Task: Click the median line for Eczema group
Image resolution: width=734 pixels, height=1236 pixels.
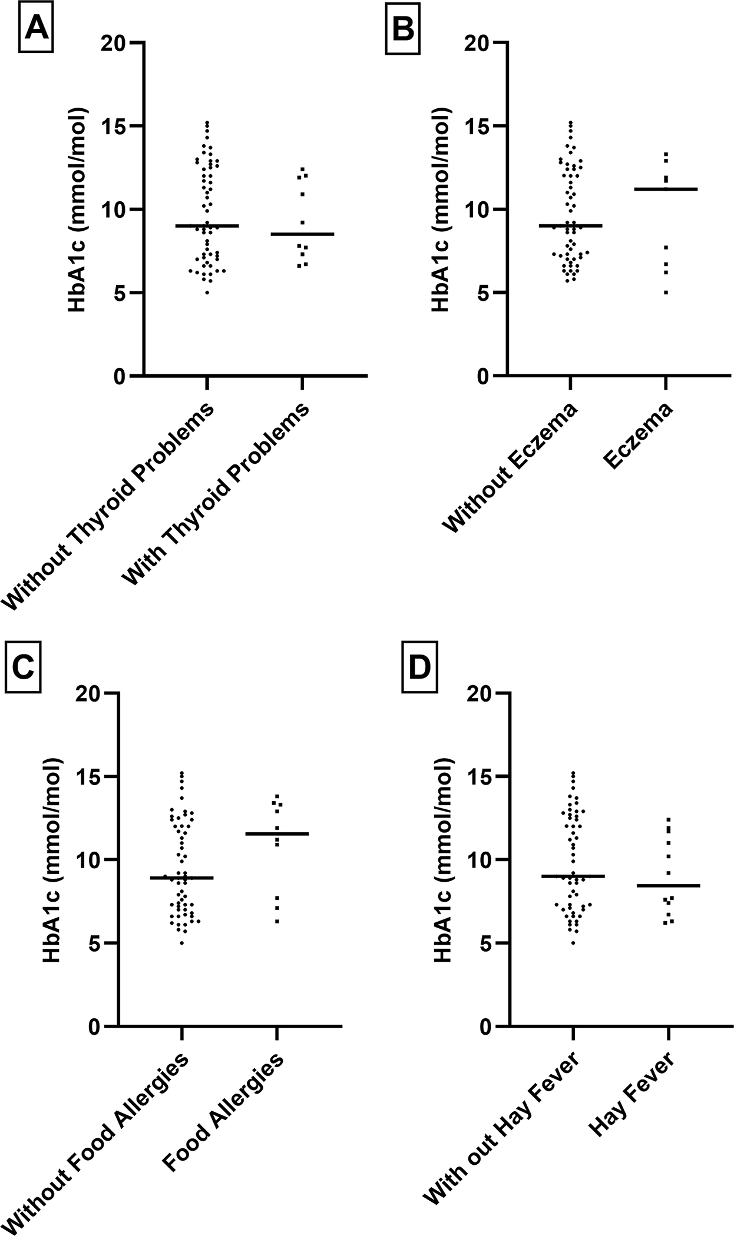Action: tap(666, 189)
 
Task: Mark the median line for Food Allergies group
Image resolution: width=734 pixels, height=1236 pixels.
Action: tap(277, 833)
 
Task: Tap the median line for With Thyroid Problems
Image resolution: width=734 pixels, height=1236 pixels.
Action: tap(302, 234)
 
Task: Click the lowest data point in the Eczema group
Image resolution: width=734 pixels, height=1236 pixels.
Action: tap(666, 293)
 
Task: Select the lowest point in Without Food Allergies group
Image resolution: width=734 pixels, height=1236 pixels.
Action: tap(182, 943)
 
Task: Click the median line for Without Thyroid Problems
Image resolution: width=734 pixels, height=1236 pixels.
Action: tap(207, 225)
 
